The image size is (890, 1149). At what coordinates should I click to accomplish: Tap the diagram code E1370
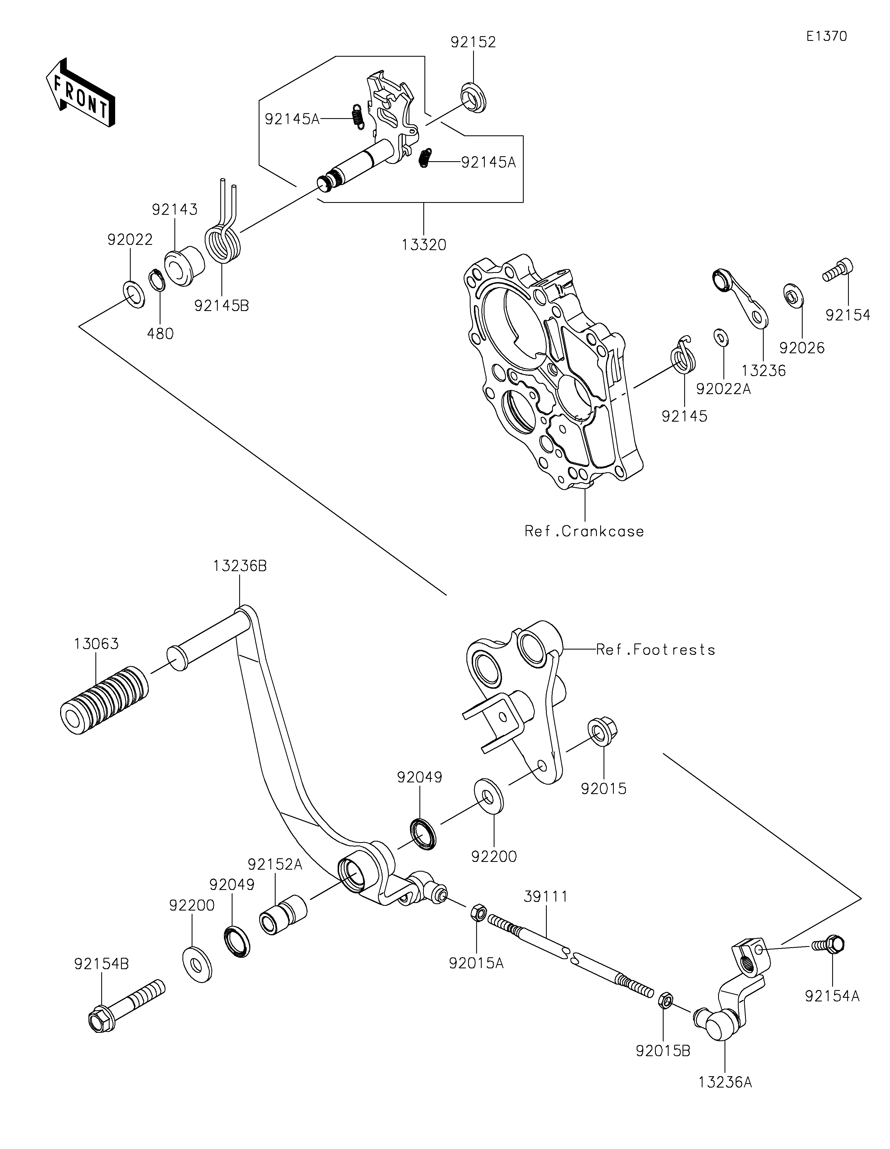(x=826, y=36)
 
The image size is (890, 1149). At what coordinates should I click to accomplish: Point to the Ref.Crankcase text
(x=584, y=531)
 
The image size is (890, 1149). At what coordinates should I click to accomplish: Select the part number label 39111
(x=546, y=896)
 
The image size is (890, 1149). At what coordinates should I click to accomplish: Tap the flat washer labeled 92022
(x=134, y=295)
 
